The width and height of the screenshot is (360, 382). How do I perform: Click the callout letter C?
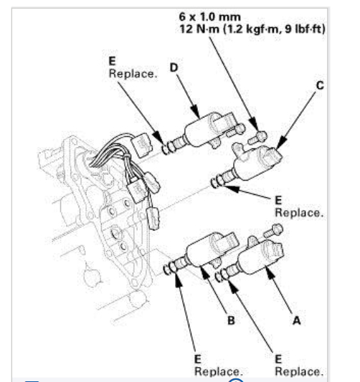coord(319,85)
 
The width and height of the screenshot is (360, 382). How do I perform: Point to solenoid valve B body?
coord(208,252)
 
